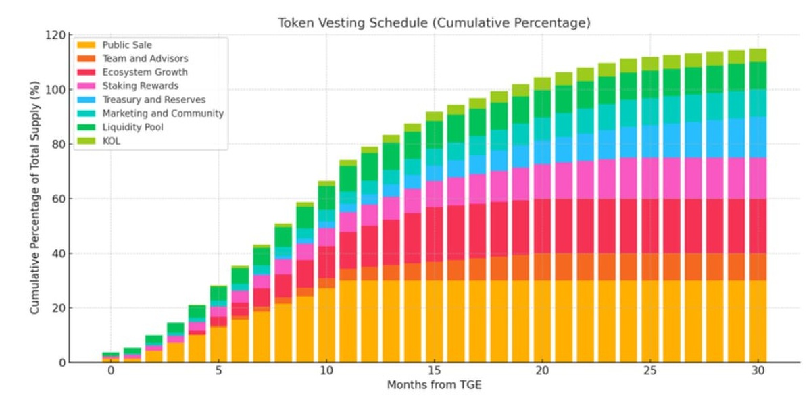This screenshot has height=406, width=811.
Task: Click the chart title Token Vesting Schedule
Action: [434, 23]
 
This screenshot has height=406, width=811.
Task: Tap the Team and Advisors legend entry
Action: [145, 59]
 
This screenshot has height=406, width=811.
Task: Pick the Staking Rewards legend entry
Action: [140, 86]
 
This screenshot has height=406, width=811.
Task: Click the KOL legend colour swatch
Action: [86, 141]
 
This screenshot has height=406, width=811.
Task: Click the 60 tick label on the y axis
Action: [59, 199]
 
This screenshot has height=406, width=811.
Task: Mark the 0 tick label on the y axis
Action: [62, 363]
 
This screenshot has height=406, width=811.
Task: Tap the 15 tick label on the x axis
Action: [435, 372]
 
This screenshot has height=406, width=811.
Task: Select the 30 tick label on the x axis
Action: [758, 372]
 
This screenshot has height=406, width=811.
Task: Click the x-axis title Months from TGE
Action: [433, 386]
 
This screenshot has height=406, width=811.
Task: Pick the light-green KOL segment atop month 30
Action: [758, 55]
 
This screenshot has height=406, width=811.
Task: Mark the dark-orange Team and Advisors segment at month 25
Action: [649, 267]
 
